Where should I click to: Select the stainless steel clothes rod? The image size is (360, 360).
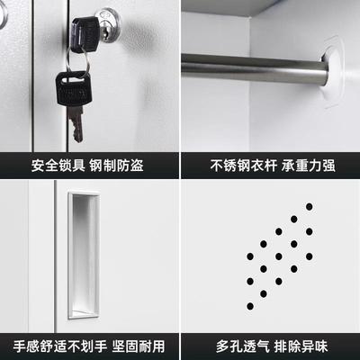[252, 67]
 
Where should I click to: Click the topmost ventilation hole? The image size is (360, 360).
[309, 206]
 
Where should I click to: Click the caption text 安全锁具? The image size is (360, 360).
[58, 166]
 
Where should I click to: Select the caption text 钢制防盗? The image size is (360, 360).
[118, 166]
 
